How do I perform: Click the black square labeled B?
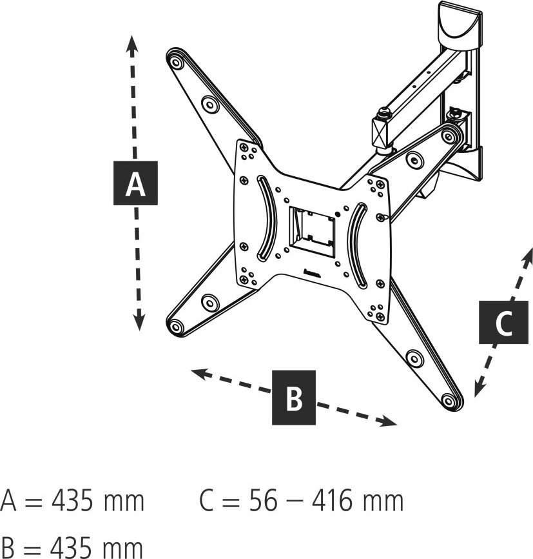point(294,397)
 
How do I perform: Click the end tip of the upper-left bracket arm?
point(174,60)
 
